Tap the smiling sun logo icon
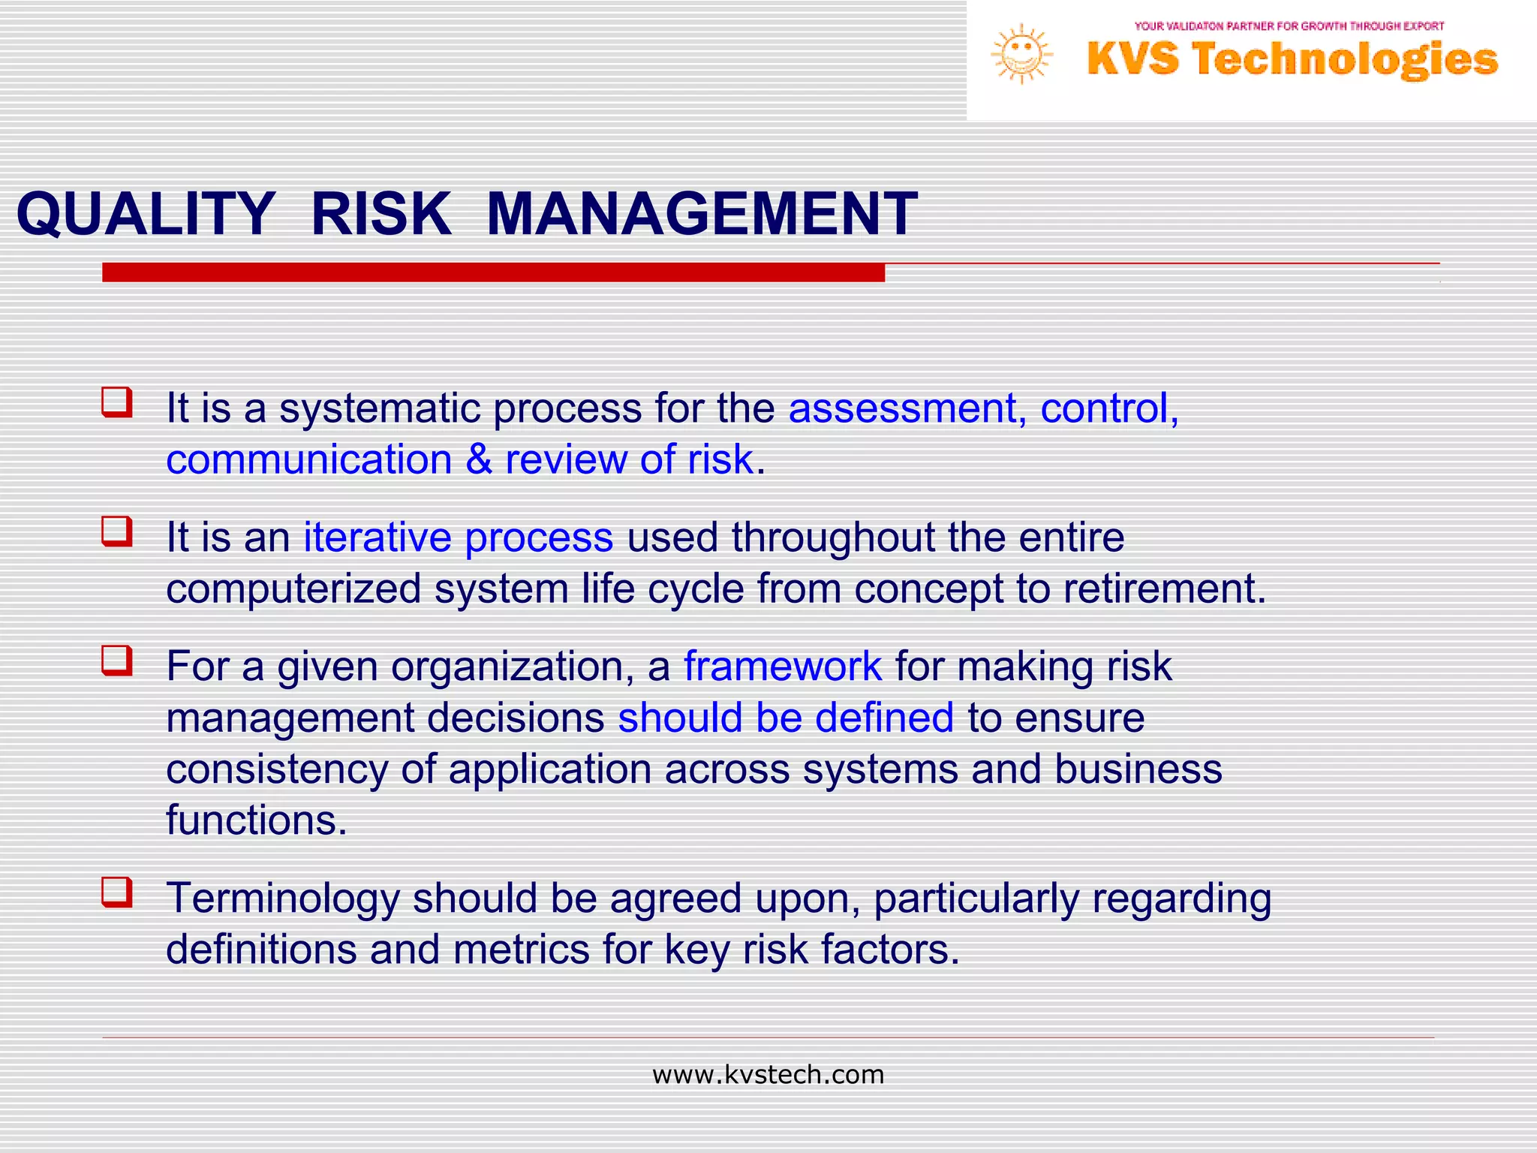tap(1021, 54)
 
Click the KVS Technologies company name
tap(1292, 60)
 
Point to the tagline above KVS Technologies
tap(1289, 26)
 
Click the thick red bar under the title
tap(493, 272)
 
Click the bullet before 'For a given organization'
tap(117, 661)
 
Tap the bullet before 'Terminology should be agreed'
tap(117, 892)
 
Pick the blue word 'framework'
tap(782, 667)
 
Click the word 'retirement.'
tap(1164, 589)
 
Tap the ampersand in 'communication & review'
tap(479, 459)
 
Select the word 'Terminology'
tap(283, 899)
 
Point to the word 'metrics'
tap(521, 950)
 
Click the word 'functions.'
tap(256, 820)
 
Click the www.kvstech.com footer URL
tap(768, 1075)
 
